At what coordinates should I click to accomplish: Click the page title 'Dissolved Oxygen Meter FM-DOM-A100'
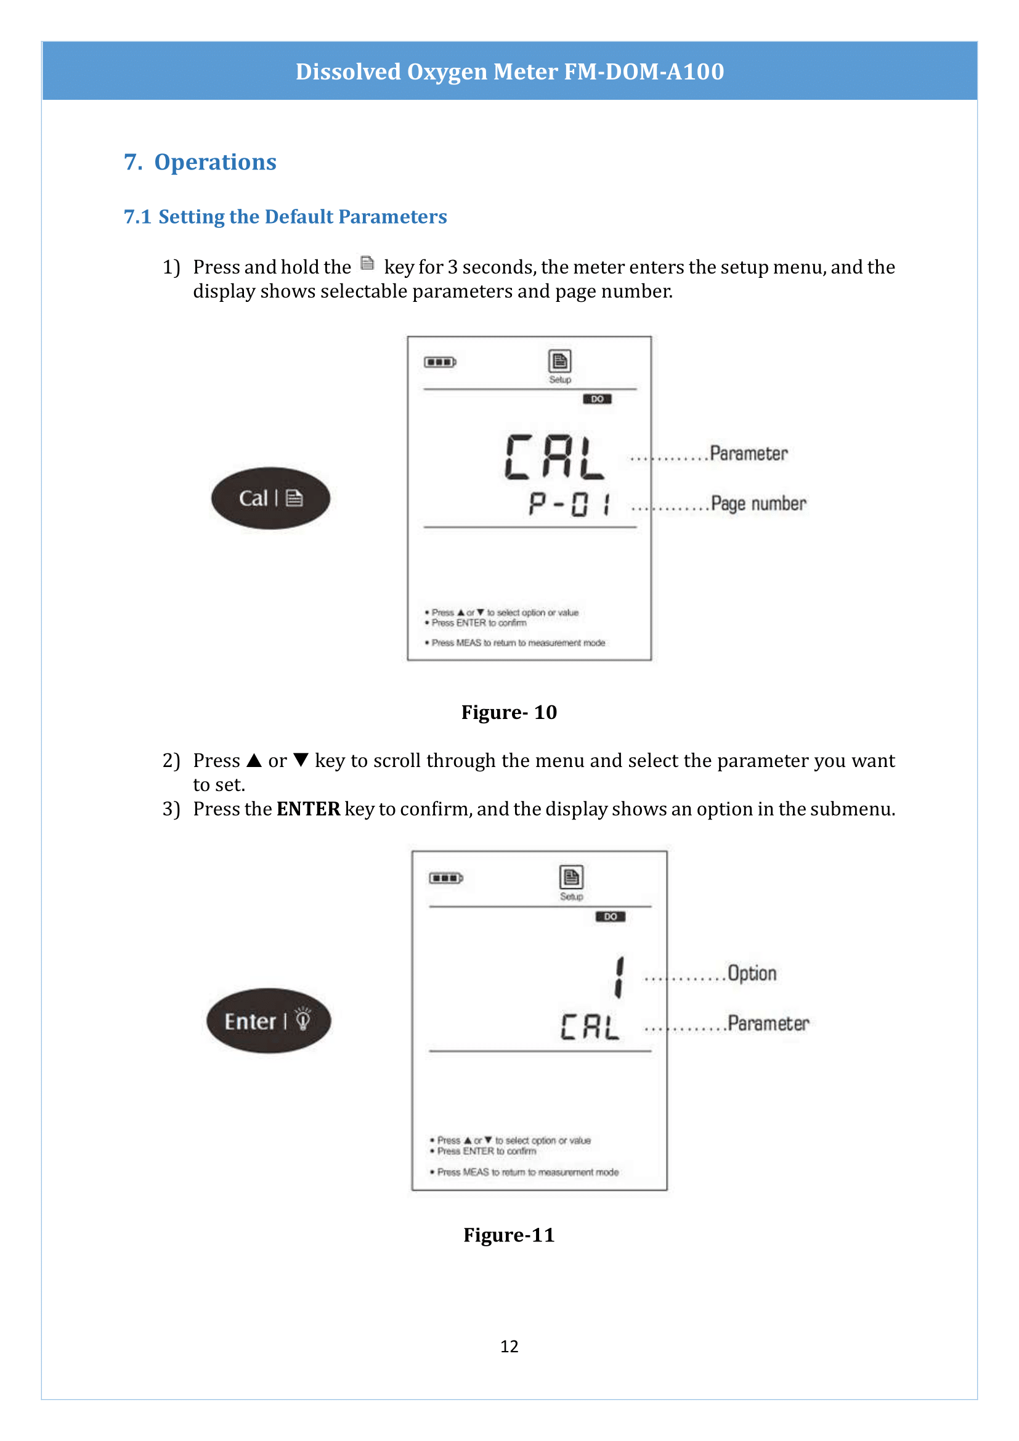(509, 71)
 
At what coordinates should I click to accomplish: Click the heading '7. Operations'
(200, 162)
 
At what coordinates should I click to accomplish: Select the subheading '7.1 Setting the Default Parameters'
(285, 216)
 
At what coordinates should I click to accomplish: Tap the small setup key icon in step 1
(367, 264)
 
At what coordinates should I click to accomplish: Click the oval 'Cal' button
(270, 498)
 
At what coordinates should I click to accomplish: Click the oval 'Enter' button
(269, 1020)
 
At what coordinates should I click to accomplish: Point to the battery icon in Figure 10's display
(440, 362)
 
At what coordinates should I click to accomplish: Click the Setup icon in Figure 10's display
(559, 362)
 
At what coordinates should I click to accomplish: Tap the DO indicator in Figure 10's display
(597, 399)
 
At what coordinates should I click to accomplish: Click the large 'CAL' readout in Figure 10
(554, 458)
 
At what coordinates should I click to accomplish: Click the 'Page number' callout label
(758, 503)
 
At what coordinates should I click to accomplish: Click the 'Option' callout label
(752, 973)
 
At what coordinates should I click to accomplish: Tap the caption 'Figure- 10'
(509, 712)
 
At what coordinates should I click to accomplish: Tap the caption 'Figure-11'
(509, 1235)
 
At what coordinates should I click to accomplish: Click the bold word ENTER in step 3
(308, 809)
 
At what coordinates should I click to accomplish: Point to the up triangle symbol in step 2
(254, 760)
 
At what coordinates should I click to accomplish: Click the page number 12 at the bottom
(509, 1346)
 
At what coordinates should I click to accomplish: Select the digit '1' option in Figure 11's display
(619, 977)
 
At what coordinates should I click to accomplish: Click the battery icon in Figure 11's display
(445, 878)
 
